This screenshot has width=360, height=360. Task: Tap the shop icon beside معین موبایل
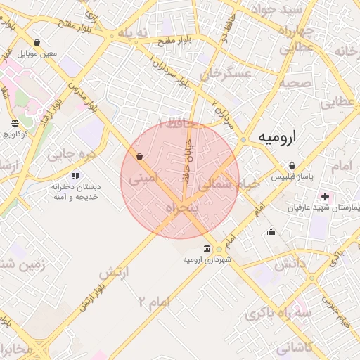click(x=37, y=43)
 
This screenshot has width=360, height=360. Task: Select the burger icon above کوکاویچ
click(x=15, y=124)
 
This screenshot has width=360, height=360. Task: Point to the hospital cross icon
click(x=325, y=195)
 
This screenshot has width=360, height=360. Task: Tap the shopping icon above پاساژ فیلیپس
click(x=291, y=165)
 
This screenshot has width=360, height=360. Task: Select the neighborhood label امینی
click(x=143, y=179)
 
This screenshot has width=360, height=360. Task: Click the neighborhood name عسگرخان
click(x=225, y=74)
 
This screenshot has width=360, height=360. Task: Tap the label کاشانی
click(x=295, y=347)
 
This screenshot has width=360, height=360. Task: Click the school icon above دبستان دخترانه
click(x=75, y=175)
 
